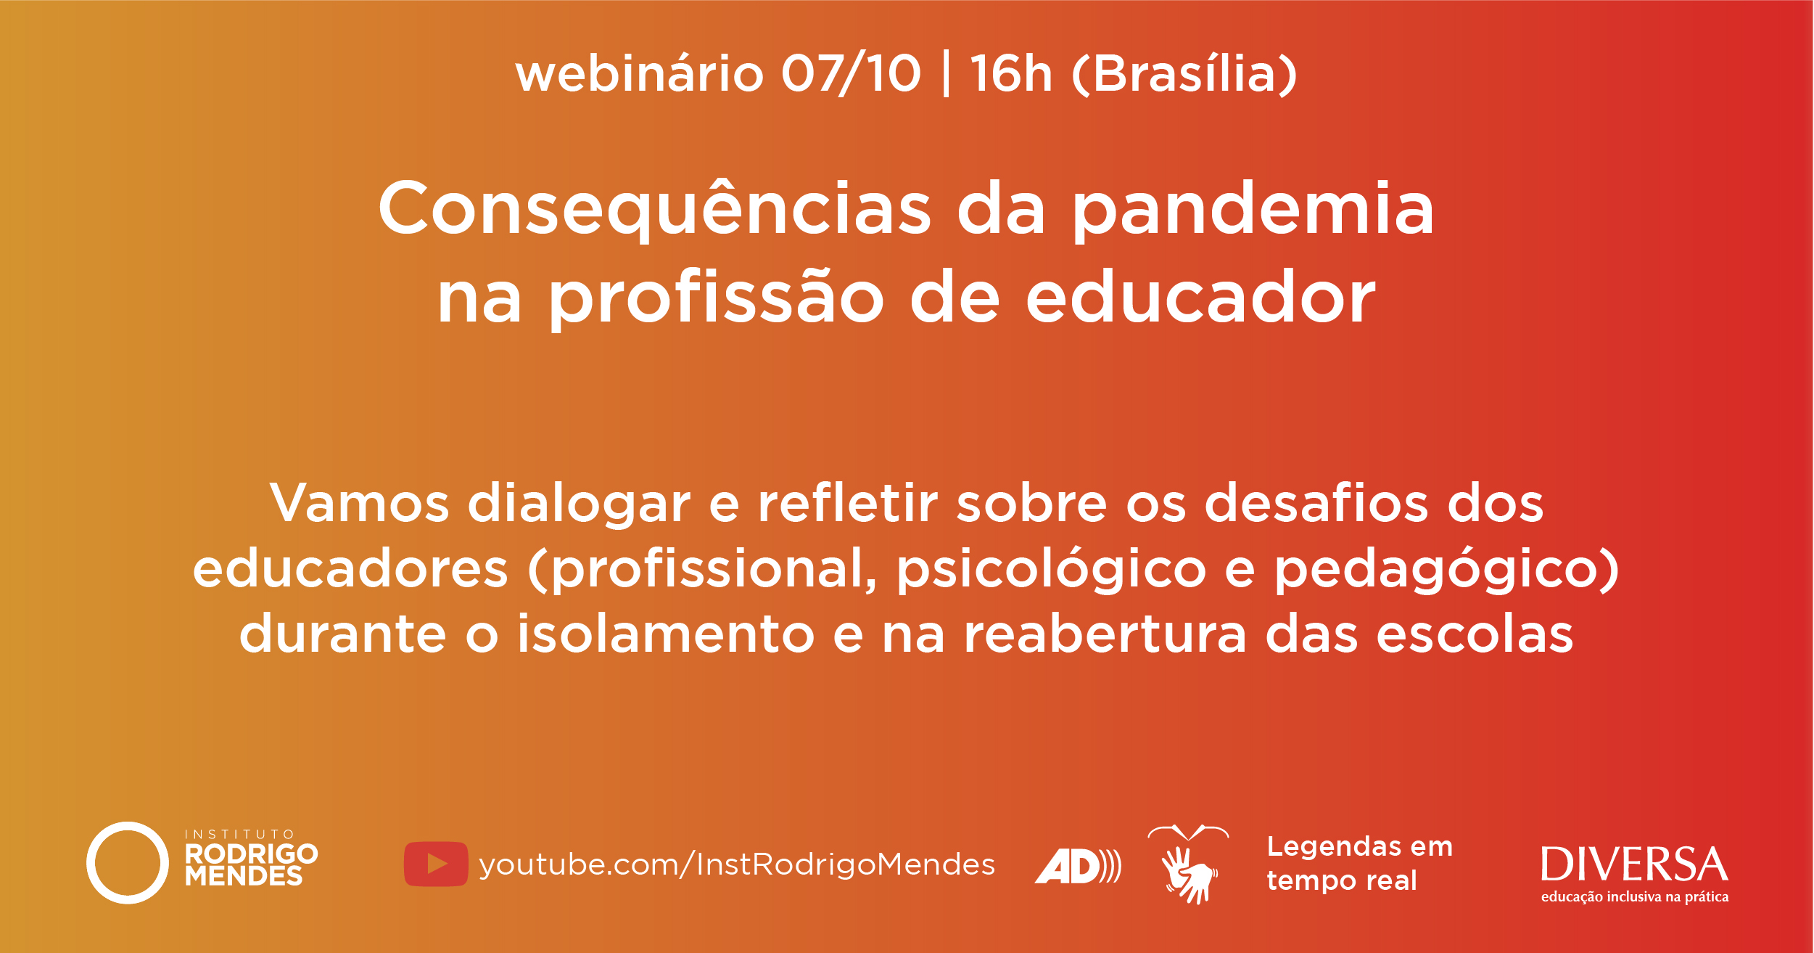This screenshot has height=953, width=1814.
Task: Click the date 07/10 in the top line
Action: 852,73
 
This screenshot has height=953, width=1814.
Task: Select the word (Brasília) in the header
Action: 1184,73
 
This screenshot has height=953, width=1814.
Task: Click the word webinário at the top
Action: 640,73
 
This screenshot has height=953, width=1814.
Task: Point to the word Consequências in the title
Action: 654,208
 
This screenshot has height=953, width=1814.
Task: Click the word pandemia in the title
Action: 1253,208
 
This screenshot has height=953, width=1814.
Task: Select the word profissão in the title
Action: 717,298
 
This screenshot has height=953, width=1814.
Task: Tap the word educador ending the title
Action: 1200,296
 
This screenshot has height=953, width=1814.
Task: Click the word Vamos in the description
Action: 360,502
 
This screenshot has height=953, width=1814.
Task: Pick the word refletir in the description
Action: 848,502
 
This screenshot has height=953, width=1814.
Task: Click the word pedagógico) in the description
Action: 1448,570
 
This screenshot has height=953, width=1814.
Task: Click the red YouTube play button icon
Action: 436,864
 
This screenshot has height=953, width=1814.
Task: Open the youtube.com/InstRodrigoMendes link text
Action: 737,864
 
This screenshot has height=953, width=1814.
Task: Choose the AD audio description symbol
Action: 1078,866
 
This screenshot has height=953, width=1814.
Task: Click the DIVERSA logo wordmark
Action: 1634,864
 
